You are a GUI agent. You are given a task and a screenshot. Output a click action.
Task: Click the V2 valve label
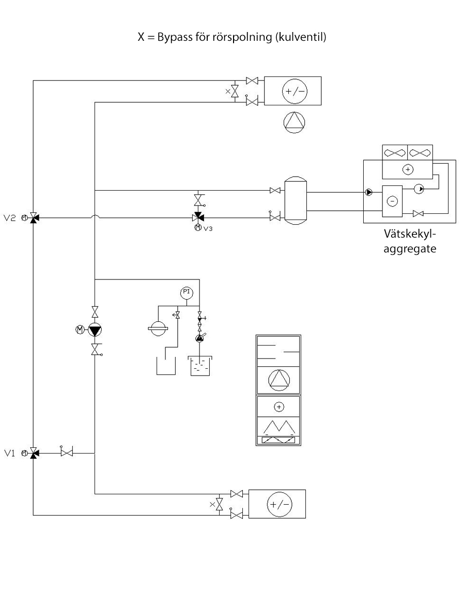click(11, 218)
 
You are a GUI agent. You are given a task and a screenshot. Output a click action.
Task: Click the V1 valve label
click(10, 453)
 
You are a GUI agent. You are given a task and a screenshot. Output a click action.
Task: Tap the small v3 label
click(208, 228)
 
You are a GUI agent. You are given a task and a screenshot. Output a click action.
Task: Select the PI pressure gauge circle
click(186, 292)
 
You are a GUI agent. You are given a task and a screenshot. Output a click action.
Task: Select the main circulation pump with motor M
click(95, 330)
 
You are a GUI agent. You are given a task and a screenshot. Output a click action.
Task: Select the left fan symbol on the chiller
click(395, 153)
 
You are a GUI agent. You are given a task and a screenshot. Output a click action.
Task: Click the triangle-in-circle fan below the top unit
click(295, 122)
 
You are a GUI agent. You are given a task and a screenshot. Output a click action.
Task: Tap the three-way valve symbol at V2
click(34, 218)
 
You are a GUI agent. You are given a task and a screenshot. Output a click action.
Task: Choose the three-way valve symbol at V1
click(34, 453)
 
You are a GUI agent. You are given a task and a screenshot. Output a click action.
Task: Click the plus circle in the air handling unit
click(279, 407)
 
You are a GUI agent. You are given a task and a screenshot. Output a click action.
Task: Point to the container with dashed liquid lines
click(200, 365)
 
